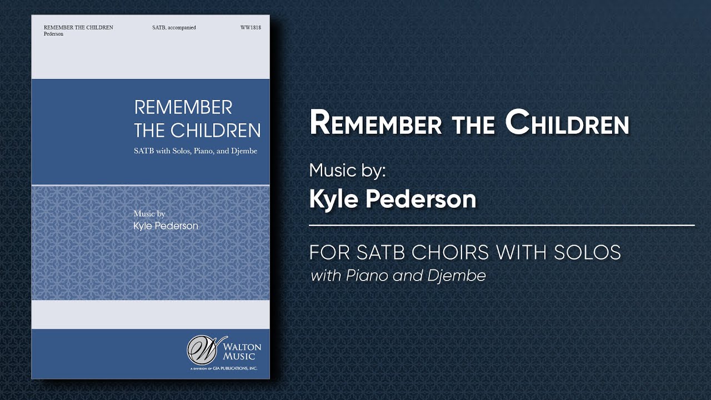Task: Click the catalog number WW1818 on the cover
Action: [251, 27]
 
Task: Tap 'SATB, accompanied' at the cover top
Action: [174, 27]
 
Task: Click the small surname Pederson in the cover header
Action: [53, 34]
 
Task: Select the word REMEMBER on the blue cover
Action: [183, 107]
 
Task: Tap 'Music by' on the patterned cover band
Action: [149, 213]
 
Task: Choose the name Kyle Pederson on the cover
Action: [166, 226]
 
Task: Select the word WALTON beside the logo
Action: [242, 347]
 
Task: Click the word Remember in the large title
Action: [375, 123]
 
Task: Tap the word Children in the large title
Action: [567, 123]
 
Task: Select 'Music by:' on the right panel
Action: [347, 170]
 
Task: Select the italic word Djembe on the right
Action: [457, 275]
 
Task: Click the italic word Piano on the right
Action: [367, 275]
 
